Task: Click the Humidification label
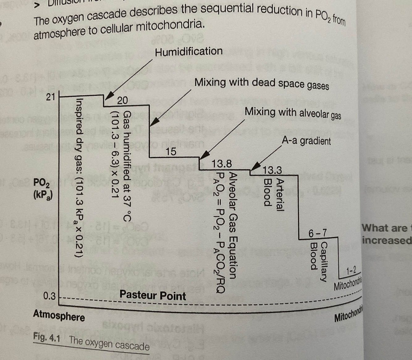point(189,52)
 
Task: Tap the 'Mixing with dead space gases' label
point(261,83)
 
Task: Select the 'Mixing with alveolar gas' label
point(292,113)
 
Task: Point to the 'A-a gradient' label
point(306,141)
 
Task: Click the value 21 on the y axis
point(50,97)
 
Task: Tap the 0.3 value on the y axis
point(49,296)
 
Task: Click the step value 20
point(122,100)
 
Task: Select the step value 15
point(171,152)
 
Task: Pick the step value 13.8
point(221,163)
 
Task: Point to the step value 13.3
point(272,170)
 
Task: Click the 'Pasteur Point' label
point(153,295)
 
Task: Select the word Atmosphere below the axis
point(59,315)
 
